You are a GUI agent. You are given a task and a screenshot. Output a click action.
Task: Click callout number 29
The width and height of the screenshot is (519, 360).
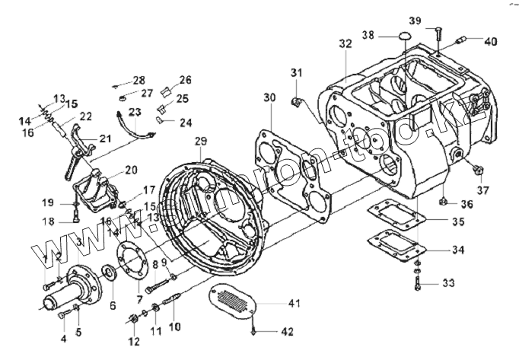click(201, 141)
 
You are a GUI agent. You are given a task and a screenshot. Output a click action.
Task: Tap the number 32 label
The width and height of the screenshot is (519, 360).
click(345, 45)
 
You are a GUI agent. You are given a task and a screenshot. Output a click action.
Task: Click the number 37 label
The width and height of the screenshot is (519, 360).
click(483, 190)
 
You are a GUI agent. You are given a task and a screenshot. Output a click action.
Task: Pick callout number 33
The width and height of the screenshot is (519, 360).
click(447, 283)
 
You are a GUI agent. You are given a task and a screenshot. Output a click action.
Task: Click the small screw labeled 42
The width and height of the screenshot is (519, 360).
click(253, 330)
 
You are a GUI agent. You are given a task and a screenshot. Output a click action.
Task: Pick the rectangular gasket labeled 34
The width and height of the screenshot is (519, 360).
click(396, 245)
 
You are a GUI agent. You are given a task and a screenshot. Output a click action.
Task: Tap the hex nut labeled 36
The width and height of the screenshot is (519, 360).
click(441, 202)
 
